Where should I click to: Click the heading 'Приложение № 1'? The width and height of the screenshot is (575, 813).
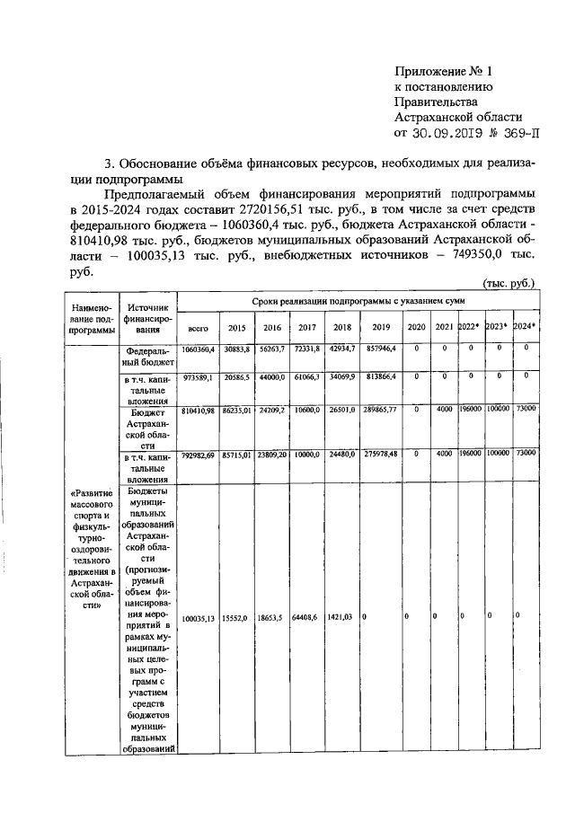446,70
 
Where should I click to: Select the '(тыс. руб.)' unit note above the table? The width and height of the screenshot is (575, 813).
509,283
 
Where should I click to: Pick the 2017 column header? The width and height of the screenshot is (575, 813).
306,329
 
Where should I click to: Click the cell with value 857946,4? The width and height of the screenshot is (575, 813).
380,348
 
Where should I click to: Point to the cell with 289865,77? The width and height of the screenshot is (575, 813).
380,411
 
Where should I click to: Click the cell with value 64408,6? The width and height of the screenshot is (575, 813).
307,618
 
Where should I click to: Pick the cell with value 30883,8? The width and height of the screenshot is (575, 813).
236,348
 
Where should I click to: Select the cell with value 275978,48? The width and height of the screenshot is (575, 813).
380,458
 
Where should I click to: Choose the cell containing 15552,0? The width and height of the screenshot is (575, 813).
237,618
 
